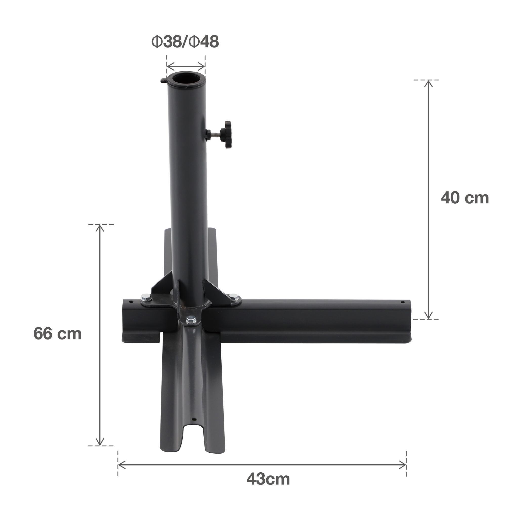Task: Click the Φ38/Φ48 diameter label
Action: point(185,42)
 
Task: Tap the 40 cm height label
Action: point(465,198)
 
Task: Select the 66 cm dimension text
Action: point(57,334)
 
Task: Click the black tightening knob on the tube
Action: point(226,135)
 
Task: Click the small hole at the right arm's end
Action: point(403,303)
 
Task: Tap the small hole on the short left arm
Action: point(132,302)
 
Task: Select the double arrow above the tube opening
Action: point(186,67)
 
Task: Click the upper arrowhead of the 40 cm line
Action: point(429,83)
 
